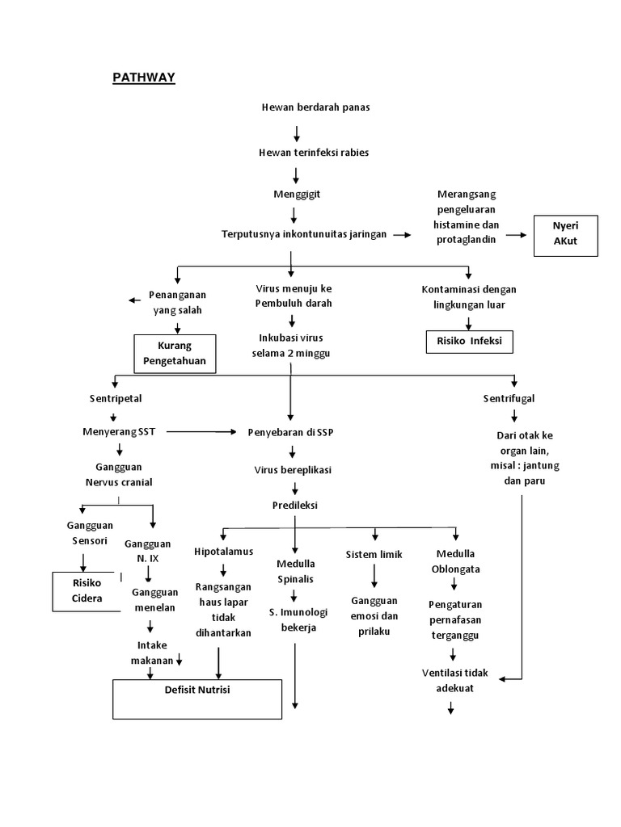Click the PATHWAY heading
point(142,78)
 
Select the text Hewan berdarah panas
point(315,107)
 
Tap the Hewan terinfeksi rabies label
point(314,153)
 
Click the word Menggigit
point(295,195)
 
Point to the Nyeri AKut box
point(566,235)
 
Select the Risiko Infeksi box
point(469,341)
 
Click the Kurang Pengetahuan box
point(175,354)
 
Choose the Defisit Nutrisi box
point(197,699)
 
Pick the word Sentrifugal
point(509,398)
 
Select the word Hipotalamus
point(224,551)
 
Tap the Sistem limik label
point(374,555)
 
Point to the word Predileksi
point(295,506)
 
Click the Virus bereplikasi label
point(293,469)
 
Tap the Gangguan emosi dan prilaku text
point(374,616)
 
